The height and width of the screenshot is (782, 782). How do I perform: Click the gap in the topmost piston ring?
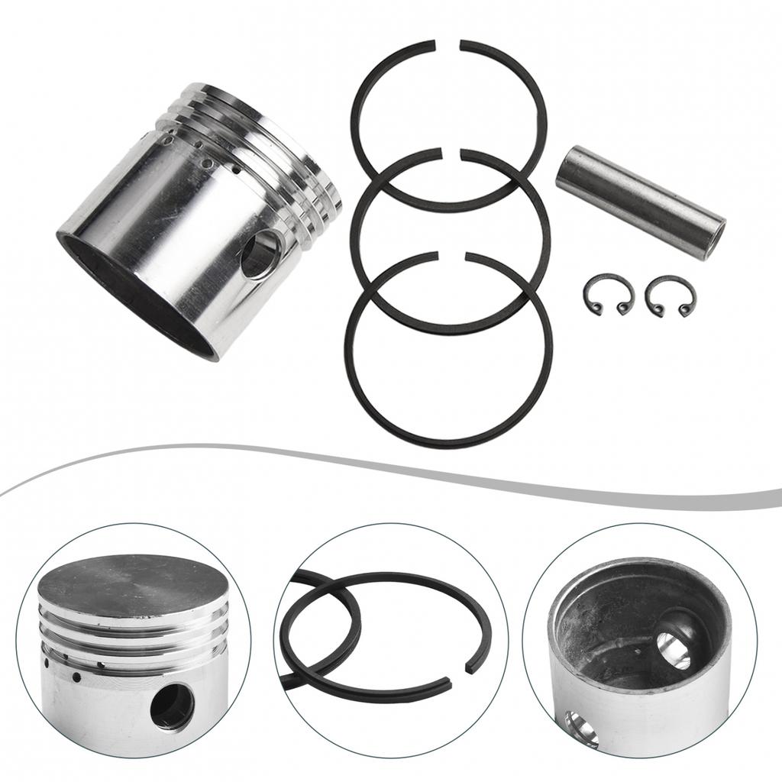(x=447, y=45)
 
